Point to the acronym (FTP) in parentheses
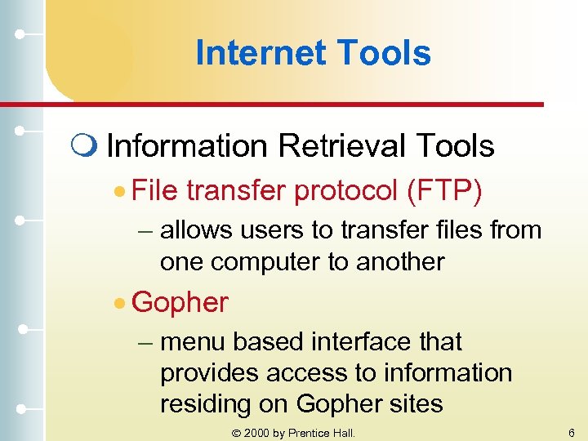point(443,191)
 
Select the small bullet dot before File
point(120,192)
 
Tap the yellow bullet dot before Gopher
point(120,303)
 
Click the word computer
point(264,262)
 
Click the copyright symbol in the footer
point(237,433)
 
